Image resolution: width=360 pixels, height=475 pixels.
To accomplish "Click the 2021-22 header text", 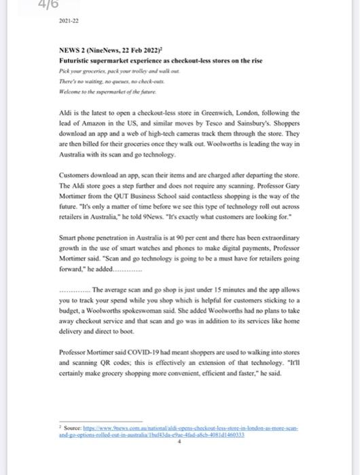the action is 70,21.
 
